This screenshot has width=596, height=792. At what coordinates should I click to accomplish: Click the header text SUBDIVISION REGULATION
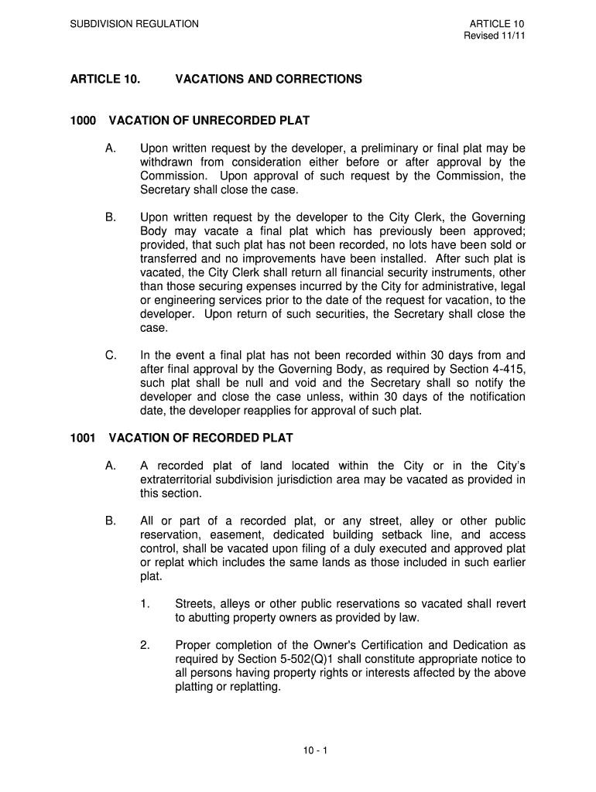135,24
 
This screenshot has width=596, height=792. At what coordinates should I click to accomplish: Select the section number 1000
83,121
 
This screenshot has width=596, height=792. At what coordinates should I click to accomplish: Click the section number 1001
83,438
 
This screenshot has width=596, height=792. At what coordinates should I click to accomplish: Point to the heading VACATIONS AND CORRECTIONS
269,79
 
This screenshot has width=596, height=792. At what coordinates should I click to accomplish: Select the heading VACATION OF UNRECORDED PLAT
209,121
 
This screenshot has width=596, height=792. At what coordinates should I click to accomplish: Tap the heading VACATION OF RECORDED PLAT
200,438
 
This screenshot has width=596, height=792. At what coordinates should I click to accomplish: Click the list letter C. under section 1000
111,356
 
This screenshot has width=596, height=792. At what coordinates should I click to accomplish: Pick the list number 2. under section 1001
145,645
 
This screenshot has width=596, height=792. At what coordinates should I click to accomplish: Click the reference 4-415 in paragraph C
507,370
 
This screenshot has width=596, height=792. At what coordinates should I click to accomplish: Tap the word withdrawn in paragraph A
166,162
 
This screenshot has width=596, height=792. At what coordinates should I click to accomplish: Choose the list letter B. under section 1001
111,521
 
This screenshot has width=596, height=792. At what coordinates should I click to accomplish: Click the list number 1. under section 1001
145,603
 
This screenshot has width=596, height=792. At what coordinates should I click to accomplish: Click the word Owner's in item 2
334,645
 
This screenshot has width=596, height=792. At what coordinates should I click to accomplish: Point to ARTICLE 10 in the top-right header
502,24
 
